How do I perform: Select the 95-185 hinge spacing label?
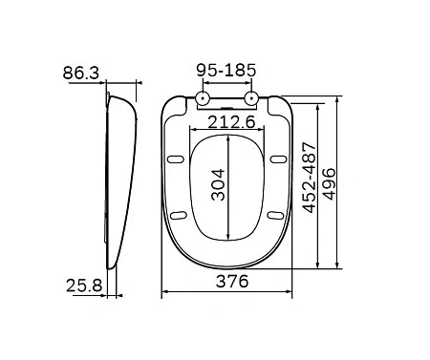(x=226, y=72)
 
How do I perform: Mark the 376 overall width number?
(x=228, y=281)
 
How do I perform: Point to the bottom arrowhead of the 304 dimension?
(x=228, y=235)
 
